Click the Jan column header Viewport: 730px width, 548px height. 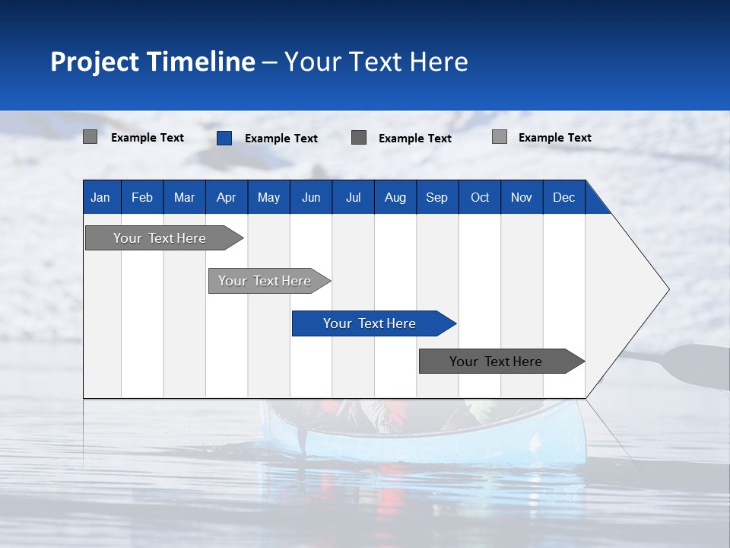tap(100, 197)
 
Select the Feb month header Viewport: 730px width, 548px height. tap(142, 197)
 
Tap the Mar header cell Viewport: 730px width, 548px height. tap(184, 197)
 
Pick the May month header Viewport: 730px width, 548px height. tap(268, 197)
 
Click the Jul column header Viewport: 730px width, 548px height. tap(353, 197)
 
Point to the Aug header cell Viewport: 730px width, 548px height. tap(395, 197)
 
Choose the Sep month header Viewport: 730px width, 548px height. tap(436, 197)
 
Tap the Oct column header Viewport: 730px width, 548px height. tap(480, 197)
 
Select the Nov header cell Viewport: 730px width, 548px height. tap(522, 197)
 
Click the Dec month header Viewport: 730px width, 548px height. tap(563, 197)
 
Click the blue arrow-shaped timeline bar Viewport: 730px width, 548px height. tap(370, 323)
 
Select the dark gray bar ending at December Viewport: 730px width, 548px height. tap(496, 362)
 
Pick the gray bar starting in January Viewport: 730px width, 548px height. tap(160, 238)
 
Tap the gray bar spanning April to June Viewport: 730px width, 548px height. tap(265, 281)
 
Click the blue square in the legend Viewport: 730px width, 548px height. tap(224, 138)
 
